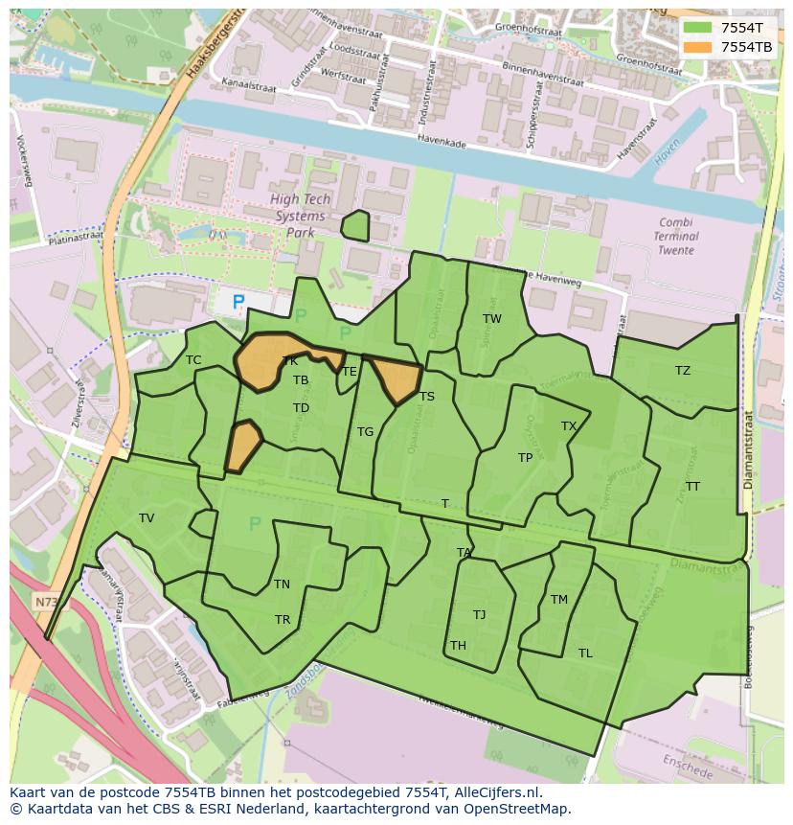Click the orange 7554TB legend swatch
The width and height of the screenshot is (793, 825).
coord(698,46)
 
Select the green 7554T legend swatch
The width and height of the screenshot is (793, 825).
coord(698,28)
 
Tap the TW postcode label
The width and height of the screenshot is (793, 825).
coord(492,319)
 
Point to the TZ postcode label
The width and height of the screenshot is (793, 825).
coord(683,371)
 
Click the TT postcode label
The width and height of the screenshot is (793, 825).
coord(692,487)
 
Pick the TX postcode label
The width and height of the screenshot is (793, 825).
coord(569,426)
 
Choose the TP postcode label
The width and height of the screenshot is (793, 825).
coord(525,458)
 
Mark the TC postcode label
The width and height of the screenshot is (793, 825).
coord(193,360)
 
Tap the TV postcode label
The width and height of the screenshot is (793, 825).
coord(147,518)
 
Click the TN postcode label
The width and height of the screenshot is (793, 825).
coord(282,584)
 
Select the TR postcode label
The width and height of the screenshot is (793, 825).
coord(283,620)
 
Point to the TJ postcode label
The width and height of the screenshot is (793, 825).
coord(479,615)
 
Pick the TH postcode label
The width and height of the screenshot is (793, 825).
coord(458,646)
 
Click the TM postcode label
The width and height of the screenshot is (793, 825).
coord(559,600)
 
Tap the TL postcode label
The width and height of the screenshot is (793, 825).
coord(585,653)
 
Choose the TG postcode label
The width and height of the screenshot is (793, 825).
coord(365,432)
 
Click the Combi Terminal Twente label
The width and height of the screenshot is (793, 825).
coord(676,236)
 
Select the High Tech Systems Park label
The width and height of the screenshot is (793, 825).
coord(300,216)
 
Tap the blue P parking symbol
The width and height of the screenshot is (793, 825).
coord(238,302)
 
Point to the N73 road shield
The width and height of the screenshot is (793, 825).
coord(45,602)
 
